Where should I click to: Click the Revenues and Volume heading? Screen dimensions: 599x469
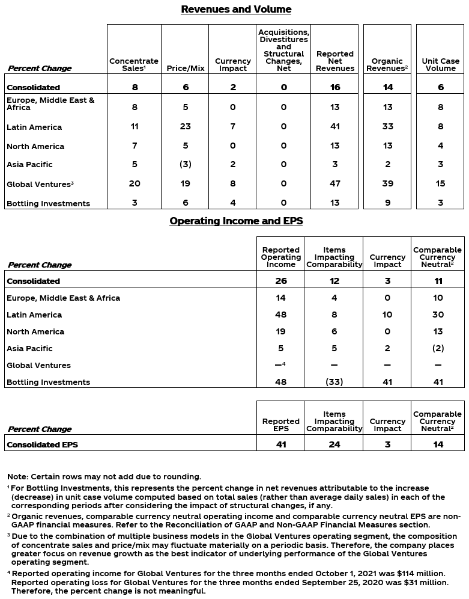236,10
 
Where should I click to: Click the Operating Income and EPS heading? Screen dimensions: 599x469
236,221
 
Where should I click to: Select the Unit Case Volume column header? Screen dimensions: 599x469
440,64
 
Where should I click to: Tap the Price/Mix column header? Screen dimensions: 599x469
186,68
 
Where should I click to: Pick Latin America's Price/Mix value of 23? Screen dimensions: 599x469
186,127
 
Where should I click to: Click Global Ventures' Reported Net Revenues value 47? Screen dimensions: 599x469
334,183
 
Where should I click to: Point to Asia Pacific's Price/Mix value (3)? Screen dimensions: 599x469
186,164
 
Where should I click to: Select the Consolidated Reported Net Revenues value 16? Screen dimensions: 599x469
334,87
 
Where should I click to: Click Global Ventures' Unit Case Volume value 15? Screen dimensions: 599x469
440,183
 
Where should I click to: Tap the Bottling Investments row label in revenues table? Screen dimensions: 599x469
48,203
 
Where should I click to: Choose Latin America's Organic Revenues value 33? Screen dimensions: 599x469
387,127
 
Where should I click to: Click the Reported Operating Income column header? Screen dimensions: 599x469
280,257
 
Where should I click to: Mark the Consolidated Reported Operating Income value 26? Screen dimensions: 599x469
280,281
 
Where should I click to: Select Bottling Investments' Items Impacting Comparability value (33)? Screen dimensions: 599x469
334,382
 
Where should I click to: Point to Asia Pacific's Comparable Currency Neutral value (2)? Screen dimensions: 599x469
438,348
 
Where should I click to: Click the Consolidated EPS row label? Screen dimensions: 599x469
42,445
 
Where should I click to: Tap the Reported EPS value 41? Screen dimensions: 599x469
280,445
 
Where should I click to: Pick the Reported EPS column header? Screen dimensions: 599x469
280,425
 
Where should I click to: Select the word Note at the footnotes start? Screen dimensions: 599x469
17,477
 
